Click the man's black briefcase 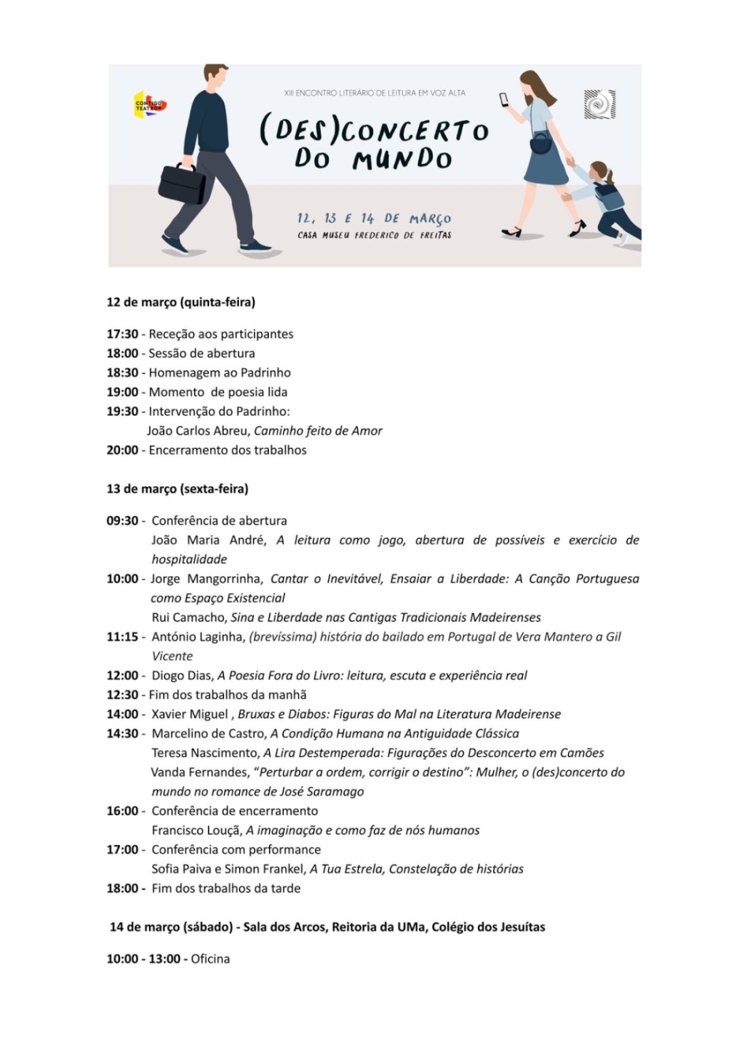[182, 183]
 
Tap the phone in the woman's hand [504, 99]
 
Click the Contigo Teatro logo [149, 105]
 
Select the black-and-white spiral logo [599, 105]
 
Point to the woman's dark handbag [541, 143]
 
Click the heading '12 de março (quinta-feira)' [180, 302]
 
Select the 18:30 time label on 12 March [122, 372]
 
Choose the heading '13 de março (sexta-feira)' [177, 489]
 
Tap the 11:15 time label [122, 637]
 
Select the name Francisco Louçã [195, 830]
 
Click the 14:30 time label [122, 733]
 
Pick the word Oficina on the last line [210, 959]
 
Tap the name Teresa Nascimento [205, 753]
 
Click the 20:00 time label [122, 450]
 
